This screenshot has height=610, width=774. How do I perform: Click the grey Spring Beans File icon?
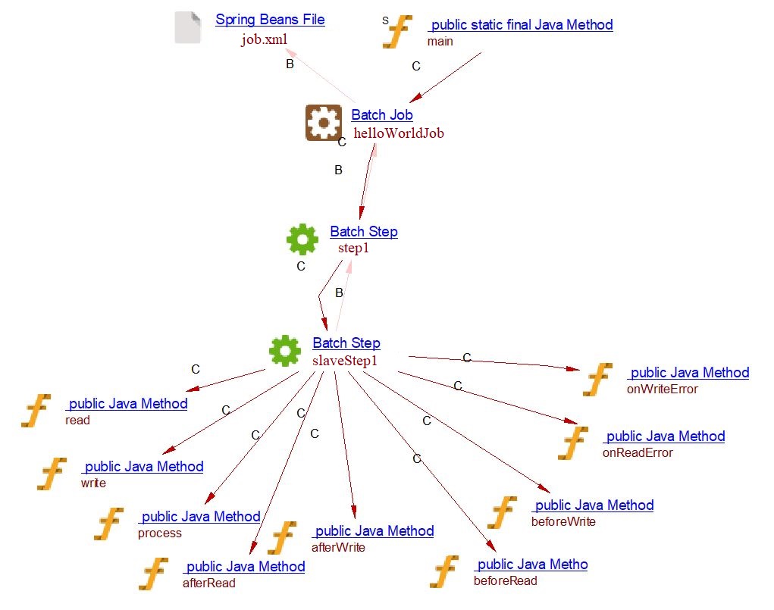187,27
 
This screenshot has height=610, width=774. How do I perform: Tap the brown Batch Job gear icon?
324,123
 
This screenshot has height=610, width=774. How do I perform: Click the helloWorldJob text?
398,133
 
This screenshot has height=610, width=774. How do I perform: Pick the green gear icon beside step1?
302,239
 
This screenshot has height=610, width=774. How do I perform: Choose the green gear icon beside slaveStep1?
285,350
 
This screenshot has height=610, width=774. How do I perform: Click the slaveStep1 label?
345,361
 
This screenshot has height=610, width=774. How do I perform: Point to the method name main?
440,41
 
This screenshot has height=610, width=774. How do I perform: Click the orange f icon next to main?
396,33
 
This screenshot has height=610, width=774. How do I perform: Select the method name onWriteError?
662,389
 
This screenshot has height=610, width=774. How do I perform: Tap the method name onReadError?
638,452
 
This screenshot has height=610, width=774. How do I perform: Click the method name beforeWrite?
563,521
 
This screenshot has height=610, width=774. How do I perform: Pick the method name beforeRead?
505,580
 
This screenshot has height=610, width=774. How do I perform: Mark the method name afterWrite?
338,547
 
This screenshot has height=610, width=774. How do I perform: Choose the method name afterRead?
208,583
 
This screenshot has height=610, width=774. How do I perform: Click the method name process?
159,533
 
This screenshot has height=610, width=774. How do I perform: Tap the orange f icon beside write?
52,474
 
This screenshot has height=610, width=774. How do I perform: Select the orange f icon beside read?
36,411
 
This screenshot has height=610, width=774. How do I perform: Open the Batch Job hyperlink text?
382,115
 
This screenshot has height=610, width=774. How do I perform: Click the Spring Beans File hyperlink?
270,20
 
